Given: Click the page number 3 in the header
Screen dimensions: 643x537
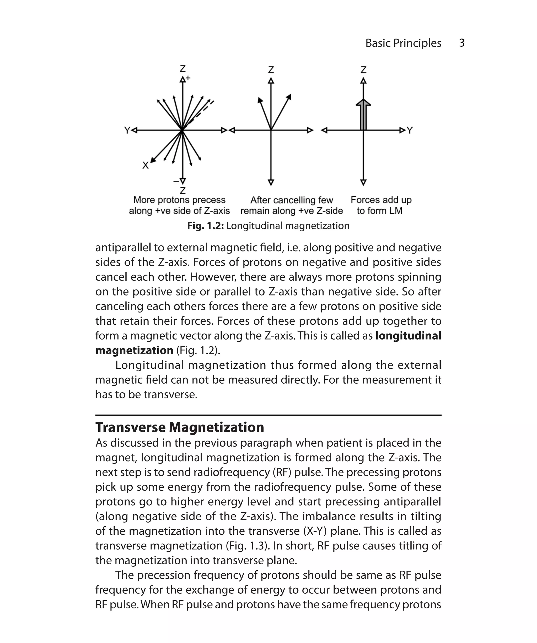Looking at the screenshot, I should click(462, 43).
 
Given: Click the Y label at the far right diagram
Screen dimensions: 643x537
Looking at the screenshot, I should click(410, 130).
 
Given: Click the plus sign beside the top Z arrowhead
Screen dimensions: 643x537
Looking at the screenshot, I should click(188, 78).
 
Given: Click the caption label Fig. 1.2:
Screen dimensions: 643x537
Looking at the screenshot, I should click(205, 226).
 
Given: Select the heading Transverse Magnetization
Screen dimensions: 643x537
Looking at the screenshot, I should click(180, 427).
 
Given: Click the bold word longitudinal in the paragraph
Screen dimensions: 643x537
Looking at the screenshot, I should click(408, 336).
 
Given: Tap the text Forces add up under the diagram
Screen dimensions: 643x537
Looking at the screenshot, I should click(381, 200).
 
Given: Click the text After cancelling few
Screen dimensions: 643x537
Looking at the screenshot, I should click(292, 200).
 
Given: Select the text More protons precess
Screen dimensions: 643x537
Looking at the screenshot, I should click(179, 200).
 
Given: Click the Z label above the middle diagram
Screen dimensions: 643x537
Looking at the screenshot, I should click(271, 70).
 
